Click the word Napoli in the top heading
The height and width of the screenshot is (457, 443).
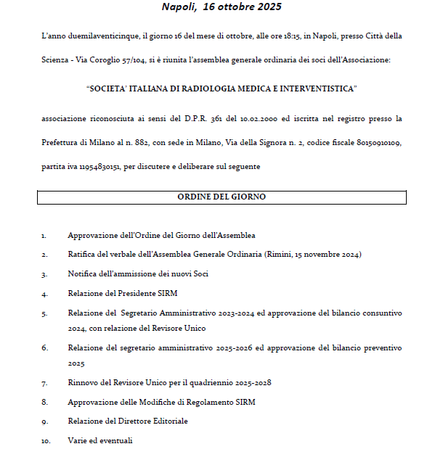point(180,7)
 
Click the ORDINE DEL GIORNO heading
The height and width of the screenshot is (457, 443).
point(221,197)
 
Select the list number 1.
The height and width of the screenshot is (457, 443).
point(44,236)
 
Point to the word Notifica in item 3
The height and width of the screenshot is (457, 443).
point(82,274)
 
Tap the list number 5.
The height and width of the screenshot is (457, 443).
point(44,313)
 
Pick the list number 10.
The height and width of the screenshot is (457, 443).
point(46,440)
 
